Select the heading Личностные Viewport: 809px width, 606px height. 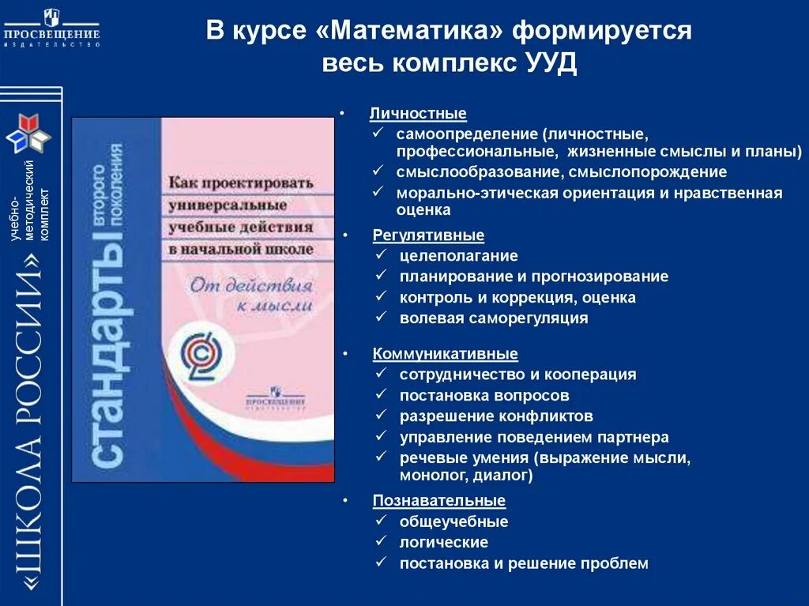pos(418,114)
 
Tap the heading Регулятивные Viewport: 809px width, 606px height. pos(428,235)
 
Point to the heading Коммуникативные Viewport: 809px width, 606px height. pos(445,354)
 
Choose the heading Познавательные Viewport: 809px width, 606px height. pos(438,500)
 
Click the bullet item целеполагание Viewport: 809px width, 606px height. pos(458,256)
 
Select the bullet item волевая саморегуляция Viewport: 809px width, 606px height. pos(493,318)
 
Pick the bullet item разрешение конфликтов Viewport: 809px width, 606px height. pos(495,416)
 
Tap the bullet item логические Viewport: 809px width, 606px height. pos(443,543)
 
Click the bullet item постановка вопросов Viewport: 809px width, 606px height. pos(484,396)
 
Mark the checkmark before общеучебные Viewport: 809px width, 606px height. pos(382,521)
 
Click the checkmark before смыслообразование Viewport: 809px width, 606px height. pos(379,171)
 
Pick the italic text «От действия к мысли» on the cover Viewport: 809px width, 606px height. pos(250,293)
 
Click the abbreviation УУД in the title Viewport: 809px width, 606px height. pos(551,64)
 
